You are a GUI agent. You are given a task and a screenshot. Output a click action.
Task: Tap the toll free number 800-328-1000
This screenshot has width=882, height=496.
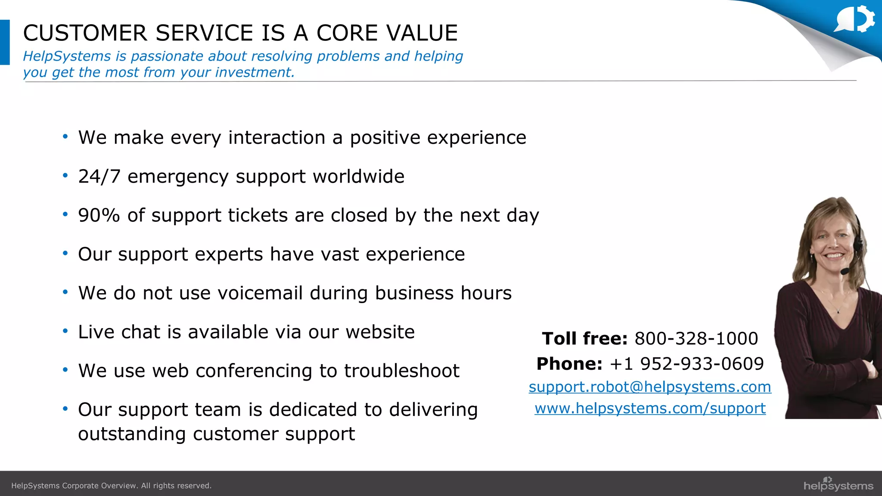696,338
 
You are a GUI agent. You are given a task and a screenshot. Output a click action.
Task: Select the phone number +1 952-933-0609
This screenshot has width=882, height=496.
686,364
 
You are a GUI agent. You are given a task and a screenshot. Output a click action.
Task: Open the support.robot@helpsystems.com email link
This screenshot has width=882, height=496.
649,387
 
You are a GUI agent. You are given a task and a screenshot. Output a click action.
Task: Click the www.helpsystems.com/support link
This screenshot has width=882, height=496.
650,408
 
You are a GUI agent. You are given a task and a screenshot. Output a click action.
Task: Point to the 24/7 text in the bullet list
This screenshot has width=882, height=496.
99,177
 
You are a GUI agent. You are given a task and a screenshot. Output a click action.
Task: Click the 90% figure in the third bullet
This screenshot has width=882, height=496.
99,215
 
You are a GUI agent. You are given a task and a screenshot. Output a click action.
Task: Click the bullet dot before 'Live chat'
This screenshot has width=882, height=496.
65,331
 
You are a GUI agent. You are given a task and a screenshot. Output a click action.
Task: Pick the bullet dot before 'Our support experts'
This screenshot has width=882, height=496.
65,253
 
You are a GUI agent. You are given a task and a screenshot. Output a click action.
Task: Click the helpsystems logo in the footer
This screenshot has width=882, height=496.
838,485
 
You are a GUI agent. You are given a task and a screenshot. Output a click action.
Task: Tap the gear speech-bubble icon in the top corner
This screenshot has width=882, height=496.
854,19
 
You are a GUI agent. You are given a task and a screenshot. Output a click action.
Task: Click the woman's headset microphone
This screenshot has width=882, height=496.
845,271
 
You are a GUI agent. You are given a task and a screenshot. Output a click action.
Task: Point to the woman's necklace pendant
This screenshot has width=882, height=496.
838,311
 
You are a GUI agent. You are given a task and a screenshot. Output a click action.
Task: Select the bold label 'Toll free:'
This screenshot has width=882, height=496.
584,338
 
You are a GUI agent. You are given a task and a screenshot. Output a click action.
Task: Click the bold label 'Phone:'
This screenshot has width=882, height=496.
569,364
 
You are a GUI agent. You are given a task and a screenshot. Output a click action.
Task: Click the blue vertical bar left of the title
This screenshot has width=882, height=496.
5,42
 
